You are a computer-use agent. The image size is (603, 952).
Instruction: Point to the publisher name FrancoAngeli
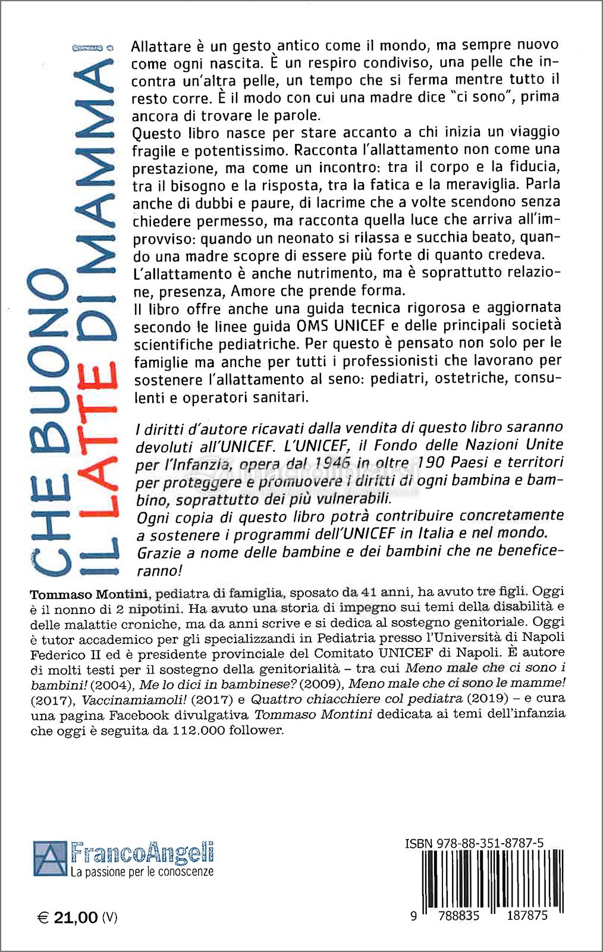(142, 853)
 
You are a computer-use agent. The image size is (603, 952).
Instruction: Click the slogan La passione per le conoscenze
(142, 872)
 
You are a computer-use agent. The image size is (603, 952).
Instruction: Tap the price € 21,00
(68, 917)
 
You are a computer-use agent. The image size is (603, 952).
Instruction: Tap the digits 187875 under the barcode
(527, 915)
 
